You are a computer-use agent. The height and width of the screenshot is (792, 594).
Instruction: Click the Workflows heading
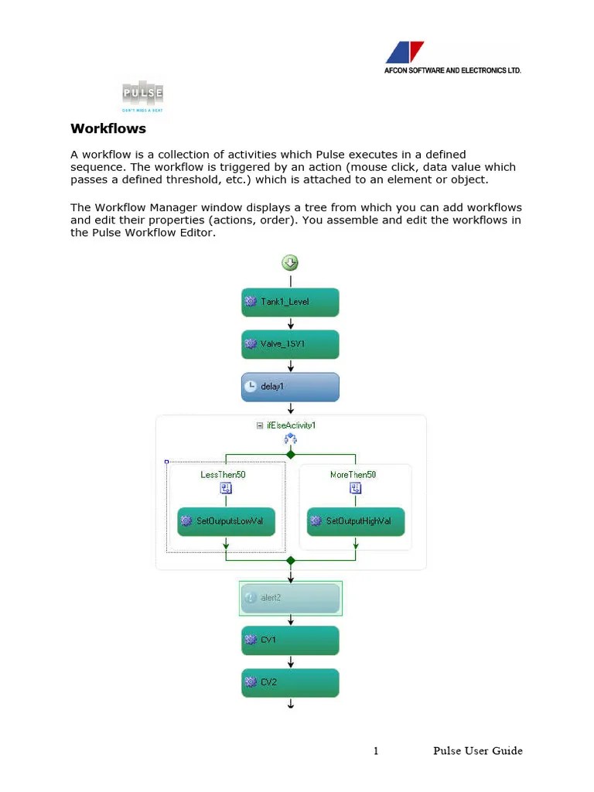click(108, 128)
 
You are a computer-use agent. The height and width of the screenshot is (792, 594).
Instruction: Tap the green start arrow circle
click(290, 263)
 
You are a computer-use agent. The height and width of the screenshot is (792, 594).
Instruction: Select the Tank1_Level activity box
click(290, 302)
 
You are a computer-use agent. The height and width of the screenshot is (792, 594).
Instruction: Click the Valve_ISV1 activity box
click(290, 344)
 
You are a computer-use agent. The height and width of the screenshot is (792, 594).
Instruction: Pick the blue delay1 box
click(290, 387)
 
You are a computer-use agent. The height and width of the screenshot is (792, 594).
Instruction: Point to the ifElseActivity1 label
click(291, 425)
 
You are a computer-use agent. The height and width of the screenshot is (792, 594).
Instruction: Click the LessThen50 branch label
click(223, 474)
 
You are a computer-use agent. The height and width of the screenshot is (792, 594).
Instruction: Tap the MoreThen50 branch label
click(353, 474)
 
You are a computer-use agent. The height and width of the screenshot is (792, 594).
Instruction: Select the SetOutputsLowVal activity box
click(226, 521)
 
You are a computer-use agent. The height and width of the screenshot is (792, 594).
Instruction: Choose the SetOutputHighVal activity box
click(356, 521)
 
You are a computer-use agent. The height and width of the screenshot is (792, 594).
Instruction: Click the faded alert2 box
click(290, 598)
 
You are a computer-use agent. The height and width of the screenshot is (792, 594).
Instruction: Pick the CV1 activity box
click(290, 640)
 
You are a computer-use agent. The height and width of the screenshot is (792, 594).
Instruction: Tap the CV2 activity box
click(290, 682)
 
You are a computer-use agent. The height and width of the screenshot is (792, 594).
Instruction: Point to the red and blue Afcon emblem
click(405, 53)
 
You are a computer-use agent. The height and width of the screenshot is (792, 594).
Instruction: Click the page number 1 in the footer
click(376, 751)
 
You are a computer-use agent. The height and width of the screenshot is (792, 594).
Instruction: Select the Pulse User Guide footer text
click(477, 751)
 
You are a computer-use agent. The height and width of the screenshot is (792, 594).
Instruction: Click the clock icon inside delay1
click(251, 387)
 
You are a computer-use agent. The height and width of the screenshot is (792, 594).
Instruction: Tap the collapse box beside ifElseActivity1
click(259, 425)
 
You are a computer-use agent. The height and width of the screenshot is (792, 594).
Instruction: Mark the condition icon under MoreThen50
click(355, 488)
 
